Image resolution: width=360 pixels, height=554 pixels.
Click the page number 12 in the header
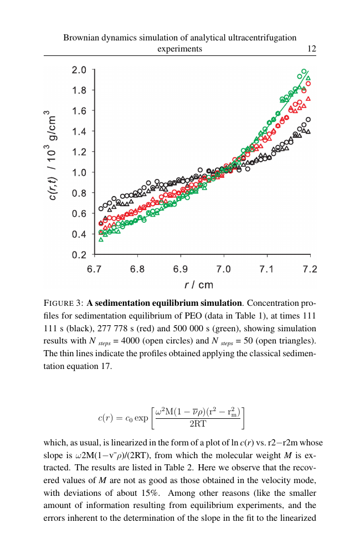pyautogui.click(x=312, y=49)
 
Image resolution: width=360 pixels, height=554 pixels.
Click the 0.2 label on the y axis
pyautogui.click(x=79, y=255)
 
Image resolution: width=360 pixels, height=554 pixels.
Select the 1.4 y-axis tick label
pyautogui.click(x=79, y=132)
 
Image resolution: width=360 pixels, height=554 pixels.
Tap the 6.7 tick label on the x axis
pyautogui.click(x=94, y=269)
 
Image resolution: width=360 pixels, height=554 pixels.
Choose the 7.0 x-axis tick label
pyautogui.click(x=223, y=269)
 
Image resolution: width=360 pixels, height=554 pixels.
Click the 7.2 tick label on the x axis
pyautogui.click(x=310, y=269)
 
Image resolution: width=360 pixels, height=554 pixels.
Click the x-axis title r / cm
pyautogui.click(x=199, y=285)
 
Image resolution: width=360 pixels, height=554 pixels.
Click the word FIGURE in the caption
pyautogui.click(x=59, y=303)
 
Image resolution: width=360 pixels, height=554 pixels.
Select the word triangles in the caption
pyautogui.click(x=298, y=341)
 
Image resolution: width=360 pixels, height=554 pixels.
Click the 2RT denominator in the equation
pyautogui.click(x=198, y=424)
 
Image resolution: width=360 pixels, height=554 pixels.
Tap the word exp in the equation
pyautogui.click(x=141, y=418)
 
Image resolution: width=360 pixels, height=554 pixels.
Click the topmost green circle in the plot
pyautogui.click(x=304, y=71)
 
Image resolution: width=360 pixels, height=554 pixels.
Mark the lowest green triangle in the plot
pyautogui.click(x=101, y=239)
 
